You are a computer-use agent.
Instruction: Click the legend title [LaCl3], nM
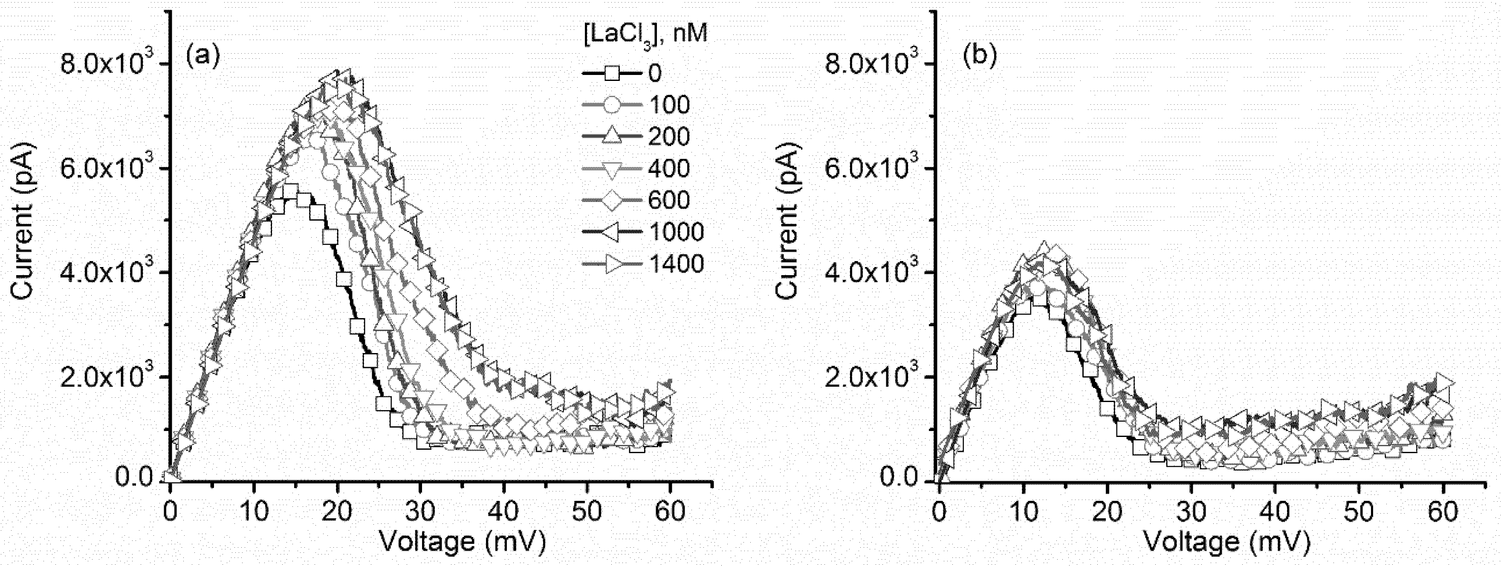coord(645,35)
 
